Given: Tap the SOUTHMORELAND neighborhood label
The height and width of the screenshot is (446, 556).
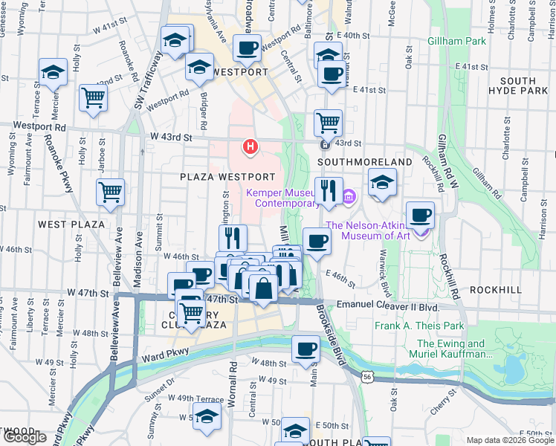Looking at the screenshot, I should click(365, 161).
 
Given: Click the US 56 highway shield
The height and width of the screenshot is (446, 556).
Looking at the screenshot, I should click(367, 378).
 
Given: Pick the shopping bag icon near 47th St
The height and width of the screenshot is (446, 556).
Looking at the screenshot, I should click(263, 287).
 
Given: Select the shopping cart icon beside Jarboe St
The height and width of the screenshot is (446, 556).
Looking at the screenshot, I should click(111, 191).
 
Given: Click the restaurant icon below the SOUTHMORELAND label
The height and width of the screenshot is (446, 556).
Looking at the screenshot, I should click(327, 191).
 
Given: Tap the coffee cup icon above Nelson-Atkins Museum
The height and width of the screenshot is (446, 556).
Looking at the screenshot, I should click(420, 214).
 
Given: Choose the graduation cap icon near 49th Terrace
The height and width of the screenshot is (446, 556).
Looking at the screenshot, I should click(207, 416).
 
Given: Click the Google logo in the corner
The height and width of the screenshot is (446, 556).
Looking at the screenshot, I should click(25, 437).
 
